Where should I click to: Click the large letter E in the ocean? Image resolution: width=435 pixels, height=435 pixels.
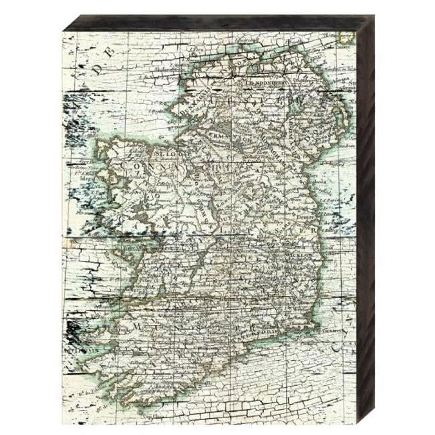[x=111, y=51]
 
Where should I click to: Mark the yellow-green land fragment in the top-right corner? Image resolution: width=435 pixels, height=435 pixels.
[x=344, y=37]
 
